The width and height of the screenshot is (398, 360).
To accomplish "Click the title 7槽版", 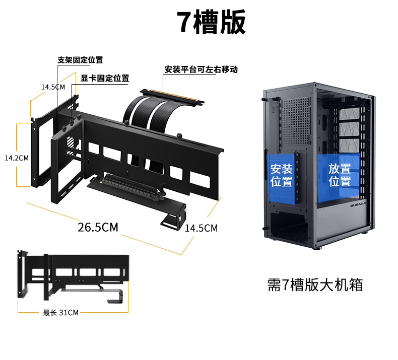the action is pos(211,22).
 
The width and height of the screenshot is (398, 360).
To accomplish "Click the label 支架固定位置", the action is pos(80,60).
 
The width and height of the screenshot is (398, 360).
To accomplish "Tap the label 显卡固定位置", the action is pos(105,78).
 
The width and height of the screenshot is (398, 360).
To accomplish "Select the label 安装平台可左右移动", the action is pos(201,69).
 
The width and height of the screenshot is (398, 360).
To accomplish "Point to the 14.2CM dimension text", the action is pos(16,158).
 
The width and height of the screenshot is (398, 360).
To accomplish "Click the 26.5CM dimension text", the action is pos(98,228).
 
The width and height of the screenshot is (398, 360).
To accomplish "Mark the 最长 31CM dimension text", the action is pos(60,313).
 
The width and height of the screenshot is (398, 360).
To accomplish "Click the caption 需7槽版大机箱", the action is pos(314,284).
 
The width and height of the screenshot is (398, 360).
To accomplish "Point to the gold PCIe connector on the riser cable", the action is pos(174,95).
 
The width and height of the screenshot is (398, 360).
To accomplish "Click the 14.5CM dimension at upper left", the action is pos(53,87).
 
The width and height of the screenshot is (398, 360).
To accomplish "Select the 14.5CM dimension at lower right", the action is pos(201,228).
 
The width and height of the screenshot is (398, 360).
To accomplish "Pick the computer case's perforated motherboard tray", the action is pos(296,118).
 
